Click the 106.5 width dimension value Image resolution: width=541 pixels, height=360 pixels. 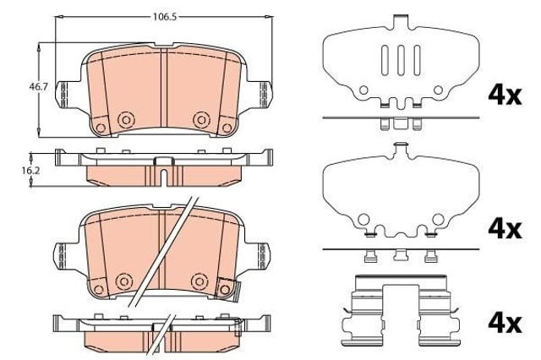click(165, 17)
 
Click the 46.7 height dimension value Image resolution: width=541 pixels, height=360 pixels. click(38, 86)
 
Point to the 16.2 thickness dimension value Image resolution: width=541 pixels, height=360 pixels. click(30, 170)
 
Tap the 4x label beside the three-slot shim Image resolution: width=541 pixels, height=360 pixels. click(505, 95)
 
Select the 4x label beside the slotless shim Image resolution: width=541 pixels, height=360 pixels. click(505, 229)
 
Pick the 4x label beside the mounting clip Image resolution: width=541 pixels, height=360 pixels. click(505, 323)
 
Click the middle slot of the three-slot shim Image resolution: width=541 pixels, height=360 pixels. click(401, 60)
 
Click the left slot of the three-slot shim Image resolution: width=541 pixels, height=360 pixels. click(385, 60)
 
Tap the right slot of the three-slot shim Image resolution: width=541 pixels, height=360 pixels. click(417, 60)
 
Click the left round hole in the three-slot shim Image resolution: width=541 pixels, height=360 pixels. click(363, 90)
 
